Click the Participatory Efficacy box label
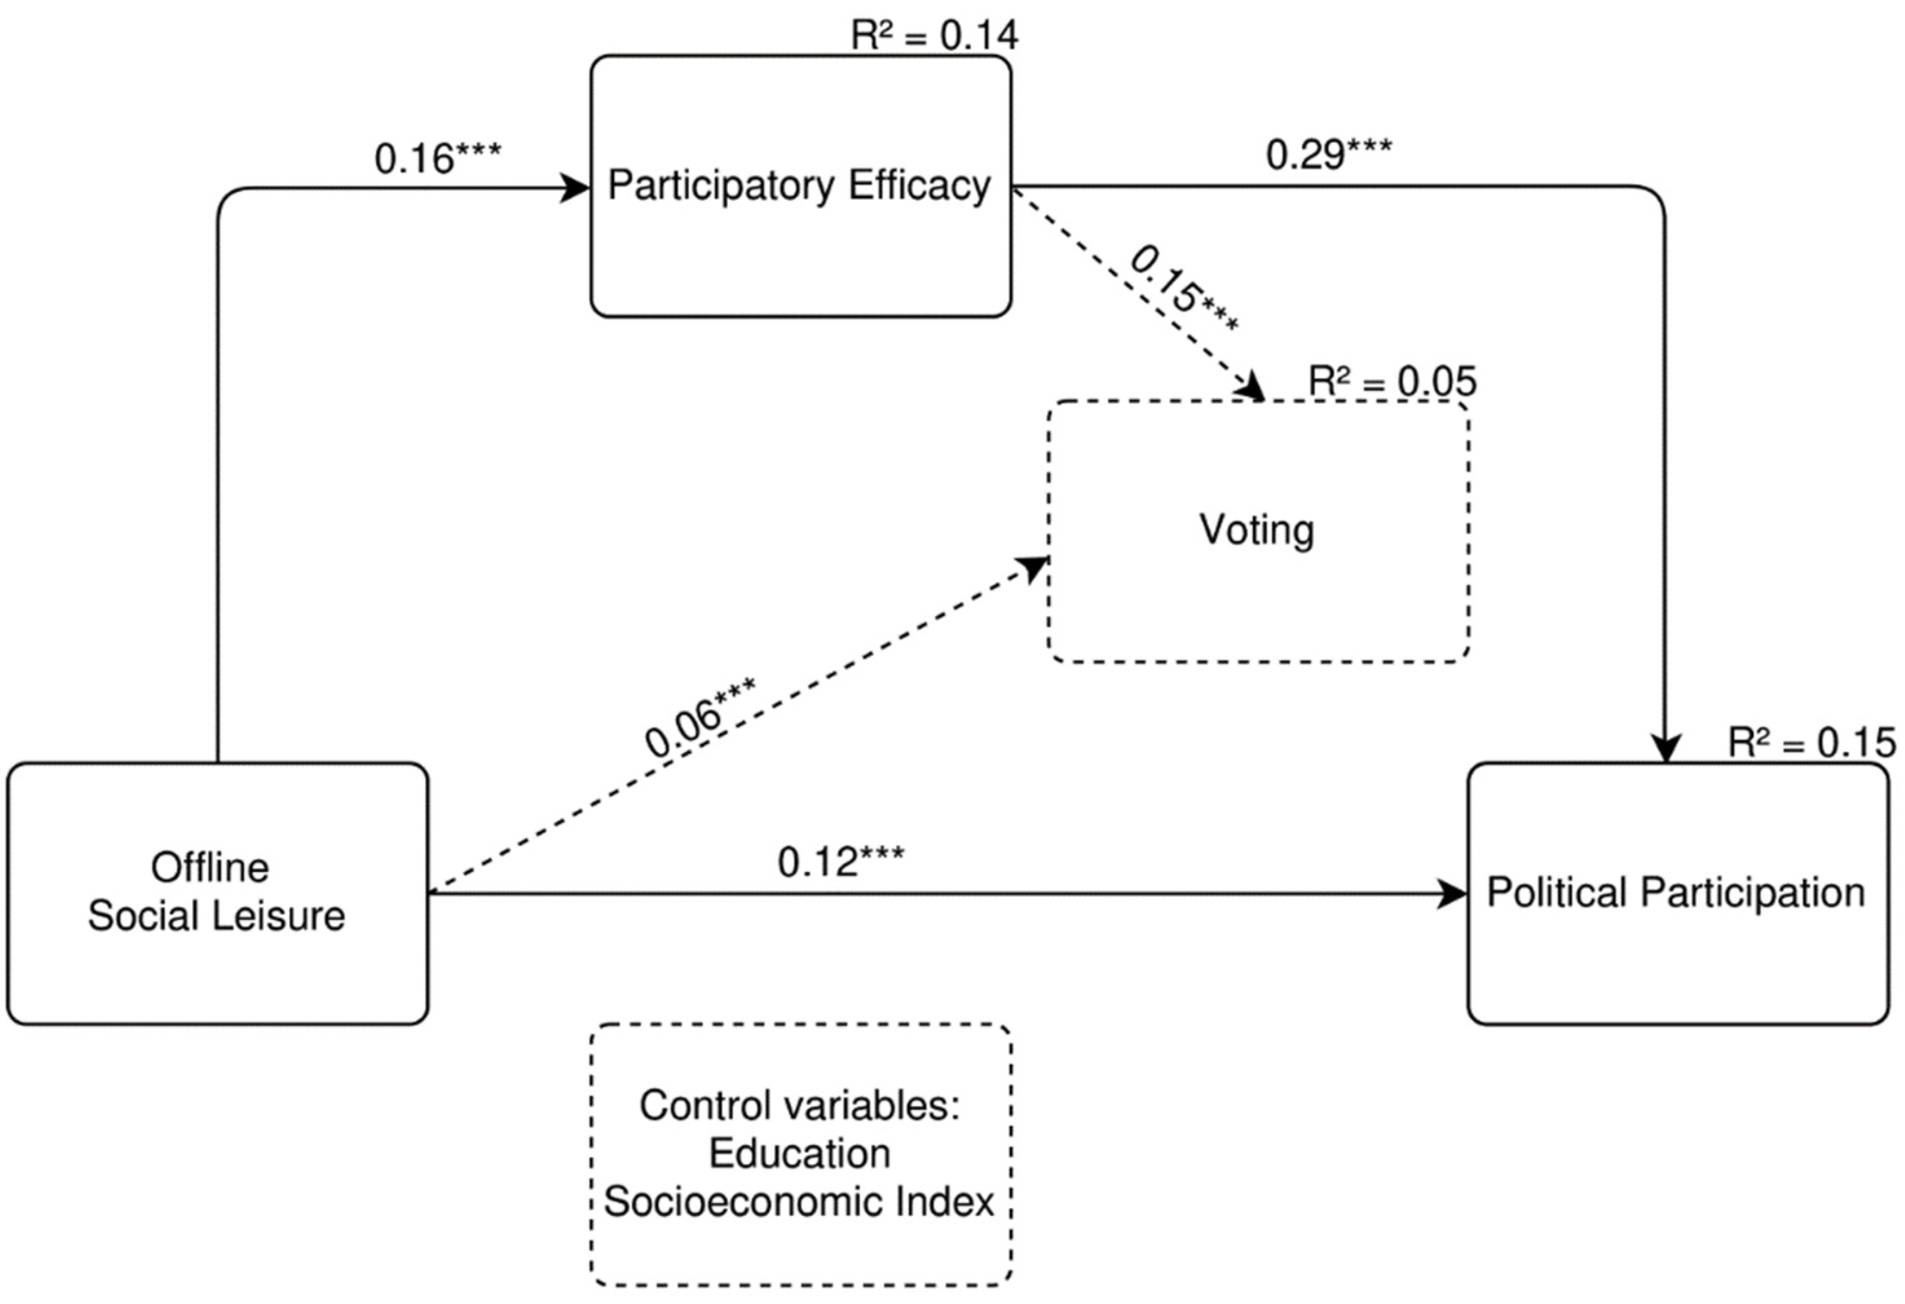799,186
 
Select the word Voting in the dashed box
1256,529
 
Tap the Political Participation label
1676,893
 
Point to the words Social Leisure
217,916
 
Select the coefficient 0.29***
1328,154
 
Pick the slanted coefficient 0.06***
698,719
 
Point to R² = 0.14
934,34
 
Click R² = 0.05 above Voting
1392,381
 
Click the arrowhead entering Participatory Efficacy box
576,187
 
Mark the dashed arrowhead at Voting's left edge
1035,566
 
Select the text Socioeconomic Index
799,1202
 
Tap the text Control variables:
799,1106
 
